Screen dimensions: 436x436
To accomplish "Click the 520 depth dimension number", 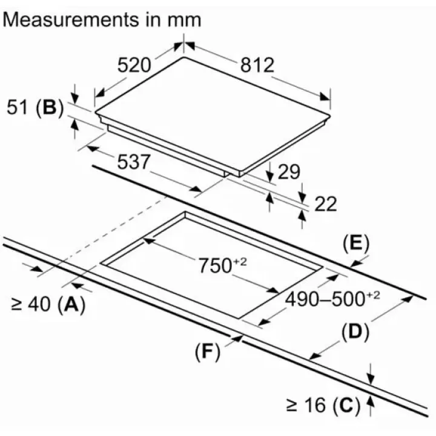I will (x=133, y=65).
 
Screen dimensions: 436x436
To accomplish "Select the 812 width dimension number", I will (x=257, y=65).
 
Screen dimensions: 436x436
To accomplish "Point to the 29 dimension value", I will (x=289, y=173).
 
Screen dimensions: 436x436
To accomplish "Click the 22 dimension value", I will (x=326, y=204).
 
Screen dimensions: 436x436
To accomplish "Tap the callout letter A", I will (x=71, y=305).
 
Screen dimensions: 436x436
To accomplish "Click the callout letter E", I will (x=355, y=243).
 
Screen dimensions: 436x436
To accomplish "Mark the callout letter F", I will (x=207, y=353).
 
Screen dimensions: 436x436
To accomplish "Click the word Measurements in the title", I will (x=69, y=19).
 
